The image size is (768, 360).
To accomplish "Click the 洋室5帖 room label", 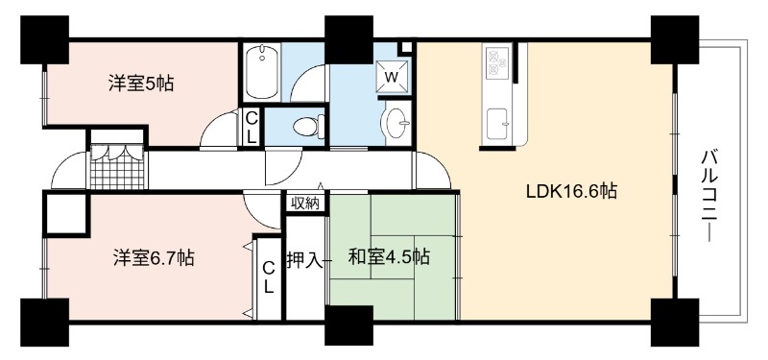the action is point(140,84).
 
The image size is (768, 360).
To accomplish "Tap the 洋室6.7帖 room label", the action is point(154,257).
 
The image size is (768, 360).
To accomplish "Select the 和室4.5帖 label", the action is point(389,256).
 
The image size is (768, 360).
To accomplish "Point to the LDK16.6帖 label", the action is point(571,191).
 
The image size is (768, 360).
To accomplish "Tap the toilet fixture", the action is point(308,127).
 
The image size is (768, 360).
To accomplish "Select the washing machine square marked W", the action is point(392,76).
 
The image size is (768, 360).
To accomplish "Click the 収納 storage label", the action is point(305,203).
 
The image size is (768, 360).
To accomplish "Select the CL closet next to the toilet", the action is point(252,127).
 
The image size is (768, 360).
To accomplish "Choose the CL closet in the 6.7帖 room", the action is point(269,277).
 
